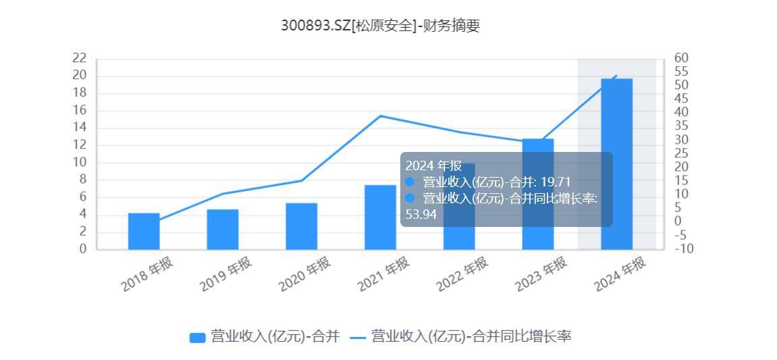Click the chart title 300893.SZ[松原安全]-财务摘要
380,26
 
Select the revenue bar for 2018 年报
144,231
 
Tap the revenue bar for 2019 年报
223,229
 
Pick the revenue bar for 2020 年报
301,226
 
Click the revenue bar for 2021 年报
380,217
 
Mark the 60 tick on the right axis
680,58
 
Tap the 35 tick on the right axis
680,126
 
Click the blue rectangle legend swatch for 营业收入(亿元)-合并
197,337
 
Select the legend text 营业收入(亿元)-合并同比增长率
471,336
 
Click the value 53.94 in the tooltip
421,214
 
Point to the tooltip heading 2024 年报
433,165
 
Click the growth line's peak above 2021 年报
380,116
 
